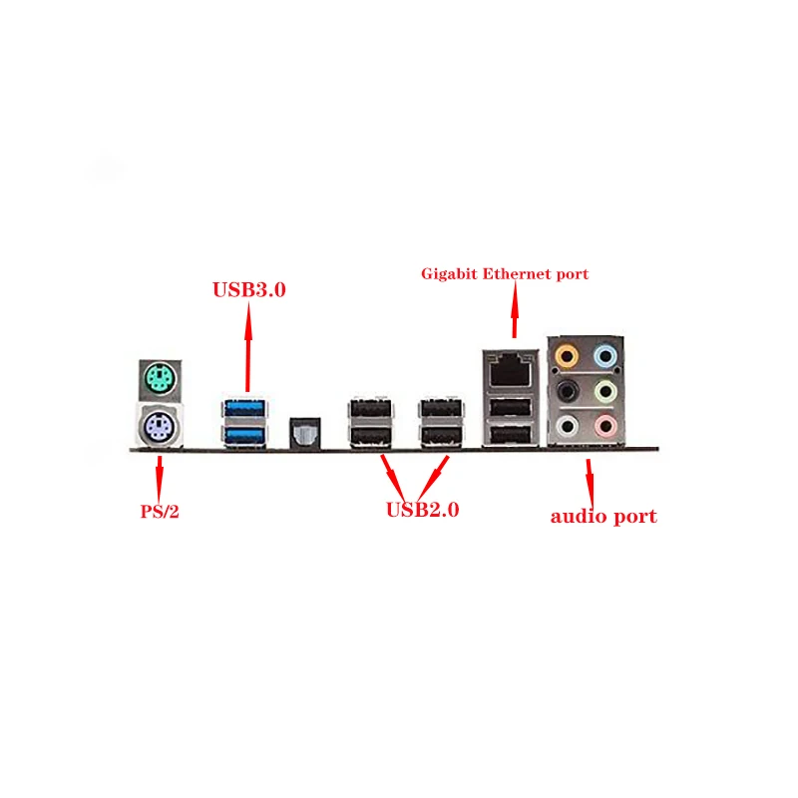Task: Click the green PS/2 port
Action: [159, 379]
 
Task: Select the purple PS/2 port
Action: [159, 428]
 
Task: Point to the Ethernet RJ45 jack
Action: [510, 367]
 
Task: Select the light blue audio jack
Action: [605, 354]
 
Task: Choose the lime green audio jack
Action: [605, 390]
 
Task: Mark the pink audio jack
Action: [605, 426]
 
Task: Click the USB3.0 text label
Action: [249, 290]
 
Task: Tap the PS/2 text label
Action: [160, 514]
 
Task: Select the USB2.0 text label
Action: [422, 511]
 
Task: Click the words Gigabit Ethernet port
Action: [505, 273]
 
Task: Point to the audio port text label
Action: [603, 517]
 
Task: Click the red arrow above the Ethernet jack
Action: [515, 310]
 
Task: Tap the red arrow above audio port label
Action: [591, 481]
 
